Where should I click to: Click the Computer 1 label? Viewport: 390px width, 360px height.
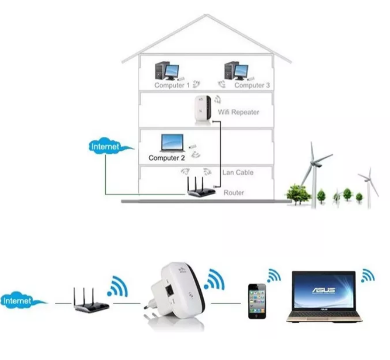click(x=172, y=85)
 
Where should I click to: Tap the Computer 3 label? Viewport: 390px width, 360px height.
click(x=252, y=85)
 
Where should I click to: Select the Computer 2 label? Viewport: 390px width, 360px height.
click(x=167, y=158)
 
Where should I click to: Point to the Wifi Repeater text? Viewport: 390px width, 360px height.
click(x=239, y=112)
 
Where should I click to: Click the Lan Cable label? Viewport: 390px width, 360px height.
click(x=238, y=173)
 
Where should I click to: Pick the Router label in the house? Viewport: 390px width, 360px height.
click(x=234, y=192)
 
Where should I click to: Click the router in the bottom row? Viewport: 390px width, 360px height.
click(x=91, y=300)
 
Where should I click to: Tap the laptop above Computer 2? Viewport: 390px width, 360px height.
click(x=173, y=143)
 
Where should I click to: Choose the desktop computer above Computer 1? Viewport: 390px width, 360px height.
click(x=167, y=71)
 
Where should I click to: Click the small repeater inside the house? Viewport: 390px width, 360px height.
click(x=203, y=110)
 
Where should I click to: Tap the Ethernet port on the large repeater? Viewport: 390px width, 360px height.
click(x=169, y=290)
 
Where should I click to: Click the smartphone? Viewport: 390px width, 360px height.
click(x=257, y=301)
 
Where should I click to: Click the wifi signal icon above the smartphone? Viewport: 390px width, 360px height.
click(x=274, y=275)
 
